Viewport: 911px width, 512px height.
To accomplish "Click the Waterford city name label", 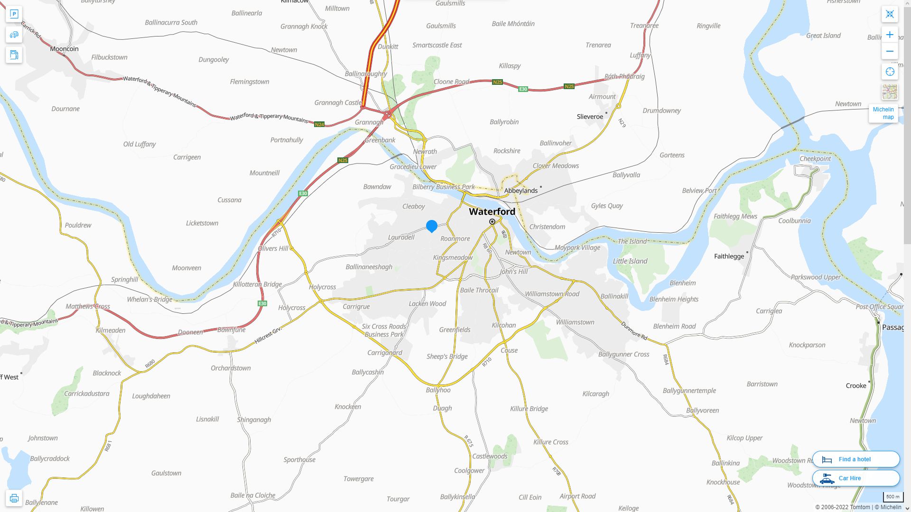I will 492,211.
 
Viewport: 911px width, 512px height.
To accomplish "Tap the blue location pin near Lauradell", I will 432,226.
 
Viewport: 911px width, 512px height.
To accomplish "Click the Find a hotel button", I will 855,459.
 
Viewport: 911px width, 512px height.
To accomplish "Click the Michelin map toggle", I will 883,113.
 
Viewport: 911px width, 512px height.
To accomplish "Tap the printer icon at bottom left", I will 14,498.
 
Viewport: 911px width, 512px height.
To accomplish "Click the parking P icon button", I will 14,14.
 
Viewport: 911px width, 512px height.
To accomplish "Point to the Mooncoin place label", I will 64,48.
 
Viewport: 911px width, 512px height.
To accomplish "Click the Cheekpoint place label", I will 815,158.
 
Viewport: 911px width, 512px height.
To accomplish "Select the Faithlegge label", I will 729,256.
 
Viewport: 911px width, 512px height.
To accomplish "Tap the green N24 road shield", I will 319,124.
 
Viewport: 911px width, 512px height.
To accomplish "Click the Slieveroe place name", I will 590,116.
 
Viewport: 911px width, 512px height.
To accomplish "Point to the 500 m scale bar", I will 892,497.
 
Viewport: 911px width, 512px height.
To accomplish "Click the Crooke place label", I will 856,385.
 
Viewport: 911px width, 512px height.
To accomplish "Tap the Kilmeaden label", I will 111,330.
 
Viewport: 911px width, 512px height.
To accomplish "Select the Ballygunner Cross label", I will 623,354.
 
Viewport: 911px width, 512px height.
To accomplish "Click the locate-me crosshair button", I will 890,72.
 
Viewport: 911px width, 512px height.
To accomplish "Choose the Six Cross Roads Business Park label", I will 384,330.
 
